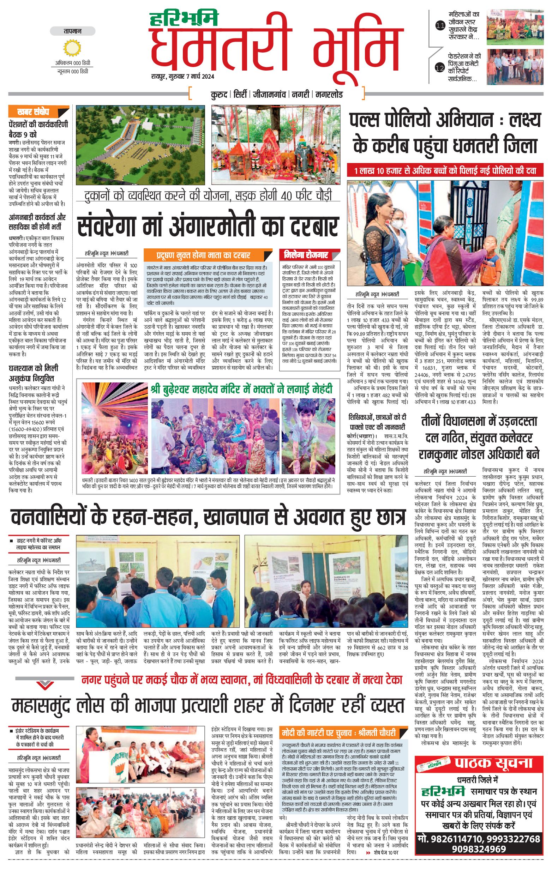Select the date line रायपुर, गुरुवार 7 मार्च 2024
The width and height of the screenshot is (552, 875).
coord(183,76)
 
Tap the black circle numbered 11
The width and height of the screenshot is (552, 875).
coord(440,25)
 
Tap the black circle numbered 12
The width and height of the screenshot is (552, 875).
coord(440,67)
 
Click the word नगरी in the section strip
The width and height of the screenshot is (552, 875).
coord(301,95)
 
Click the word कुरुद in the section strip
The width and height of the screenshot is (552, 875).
coord(219,95)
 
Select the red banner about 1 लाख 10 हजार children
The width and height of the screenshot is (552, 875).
coord(445,171)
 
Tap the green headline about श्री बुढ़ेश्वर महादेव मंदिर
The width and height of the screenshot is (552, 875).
coord(241,390)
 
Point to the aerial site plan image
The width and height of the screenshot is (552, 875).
coord(140,145)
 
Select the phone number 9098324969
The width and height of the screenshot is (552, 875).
coord(479,849)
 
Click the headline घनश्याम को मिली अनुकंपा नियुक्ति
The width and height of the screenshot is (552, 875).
coord(34,373)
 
